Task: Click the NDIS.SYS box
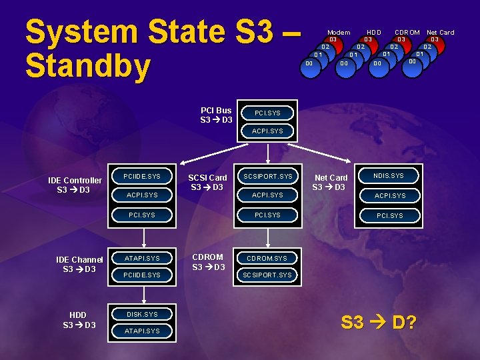[x=389, y=176]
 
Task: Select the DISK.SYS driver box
[x=142, y=314]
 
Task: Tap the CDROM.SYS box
[x=267, y=258]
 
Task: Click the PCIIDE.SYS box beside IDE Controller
[x=142, y=177]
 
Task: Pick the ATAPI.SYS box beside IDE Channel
[x=142, y=258]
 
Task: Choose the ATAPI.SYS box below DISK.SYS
[x=142, y=331]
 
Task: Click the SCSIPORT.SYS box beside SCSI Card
[x=267, y=177]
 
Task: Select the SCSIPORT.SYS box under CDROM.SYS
[x=267, y=275]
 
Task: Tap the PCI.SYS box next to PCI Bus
[x=267, y=113]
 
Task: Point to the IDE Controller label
[x=75, y=185]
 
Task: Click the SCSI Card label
[x=207, y=182]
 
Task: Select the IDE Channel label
[x=79, y=265]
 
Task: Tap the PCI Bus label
[x=216, y=115]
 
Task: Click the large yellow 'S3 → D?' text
[x=379, y=323]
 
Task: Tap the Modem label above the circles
[x=339, y=32]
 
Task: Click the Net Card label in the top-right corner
[x=440, y=32]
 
